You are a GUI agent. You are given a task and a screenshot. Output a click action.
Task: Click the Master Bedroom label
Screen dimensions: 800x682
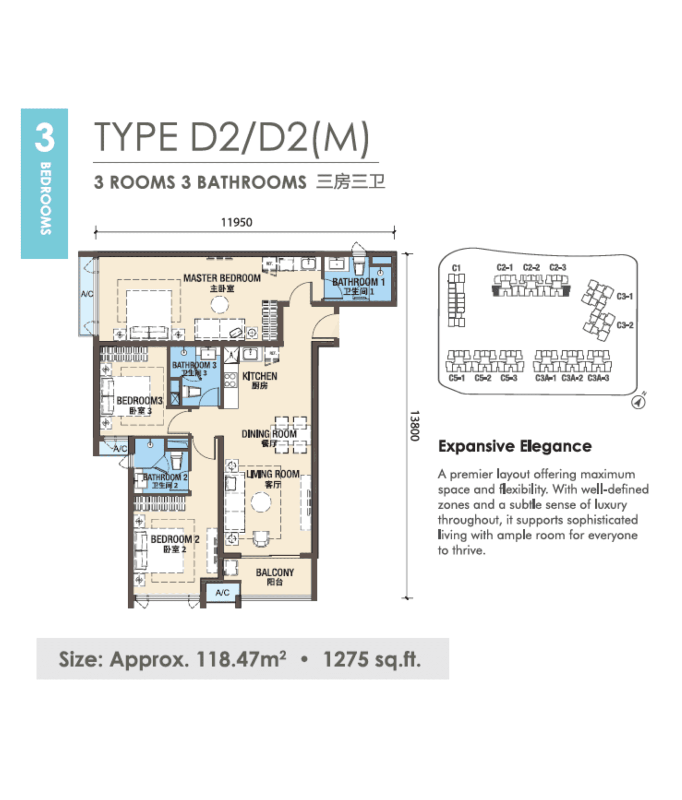tap(222, 278)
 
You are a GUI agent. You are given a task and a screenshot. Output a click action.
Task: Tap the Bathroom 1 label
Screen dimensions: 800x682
tap(358, 282)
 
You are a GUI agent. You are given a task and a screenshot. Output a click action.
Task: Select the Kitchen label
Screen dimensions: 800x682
tap(260, 376)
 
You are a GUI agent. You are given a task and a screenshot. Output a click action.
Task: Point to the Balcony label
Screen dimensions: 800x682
tap(275, 573)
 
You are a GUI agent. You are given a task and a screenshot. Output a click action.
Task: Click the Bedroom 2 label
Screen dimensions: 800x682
tap(175, 539)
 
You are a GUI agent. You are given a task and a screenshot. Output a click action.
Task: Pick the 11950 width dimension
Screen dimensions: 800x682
tap(237, 222)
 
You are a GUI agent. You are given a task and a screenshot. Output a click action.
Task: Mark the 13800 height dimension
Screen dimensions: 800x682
tap(414, 426)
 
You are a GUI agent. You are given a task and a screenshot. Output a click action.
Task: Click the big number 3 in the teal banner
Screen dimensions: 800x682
tap(44, 138)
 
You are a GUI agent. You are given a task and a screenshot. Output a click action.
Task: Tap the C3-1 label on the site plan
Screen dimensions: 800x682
tap(625, 296)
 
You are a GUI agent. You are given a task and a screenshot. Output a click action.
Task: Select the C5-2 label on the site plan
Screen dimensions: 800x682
tap(483, 378)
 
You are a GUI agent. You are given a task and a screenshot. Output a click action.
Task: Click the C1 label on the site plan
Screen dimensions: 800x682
tap(456, 268)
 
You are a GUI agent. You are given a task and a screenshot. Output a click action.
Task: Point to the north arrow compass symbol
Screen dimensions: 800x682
tap(639, 402)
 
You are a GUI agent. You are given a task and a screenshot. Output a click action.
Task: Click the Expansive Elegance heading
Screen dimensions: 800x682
tap(515, 446)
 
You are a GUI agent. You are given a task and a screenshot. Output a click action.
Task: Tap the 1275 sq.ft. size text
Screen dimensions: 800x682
tap(372, 659)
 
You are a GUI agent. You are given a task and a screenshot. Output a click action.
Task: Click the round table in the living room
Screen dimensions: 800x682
tap(261, 502)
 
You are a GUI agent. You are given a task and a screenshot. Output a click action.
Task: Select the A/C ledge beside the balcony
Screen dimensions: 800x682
tap(222, 593)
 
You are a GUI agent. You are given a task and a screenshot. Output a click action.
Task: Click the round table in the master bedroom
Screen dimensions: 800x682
tap(219, 305)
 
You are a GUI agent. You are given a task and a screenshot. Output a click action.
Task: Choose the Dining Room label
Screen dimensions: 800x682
tap(269, 434)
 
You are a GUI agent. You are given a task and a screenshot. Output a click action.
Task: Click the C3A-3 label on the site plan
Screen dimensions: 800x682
tap(598, 378)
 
